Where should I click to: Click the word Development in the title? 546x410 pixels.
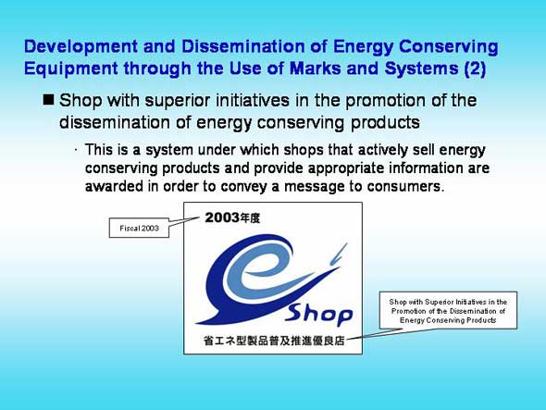click(x=81, y=47)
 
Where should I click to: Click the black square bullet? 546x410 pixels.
click(x=48, y=99)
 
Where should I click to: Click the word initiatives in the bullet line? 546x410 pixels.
click(x=253, y=101)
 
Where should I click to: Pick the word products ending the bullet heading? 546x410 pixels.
click(x=385, y=123)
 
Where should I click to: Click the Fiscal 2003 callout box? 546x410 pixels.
click(x=139, y=229)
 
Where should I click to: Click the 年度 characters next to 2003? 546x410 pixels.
click(x=250, y=218)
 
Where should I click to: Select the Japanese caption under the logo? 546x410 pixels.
click(x=274, y=341)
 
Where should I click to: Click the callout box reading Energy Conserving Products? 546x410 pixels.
click(x=448, y=310)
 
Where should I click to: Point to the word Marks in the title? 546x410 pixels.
click(x=315, y=68)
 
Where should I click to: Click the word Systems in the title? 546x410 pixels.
click(x=421, y=68)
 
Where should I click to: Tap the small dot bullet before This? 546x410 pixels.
click(x=76, y=150)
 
